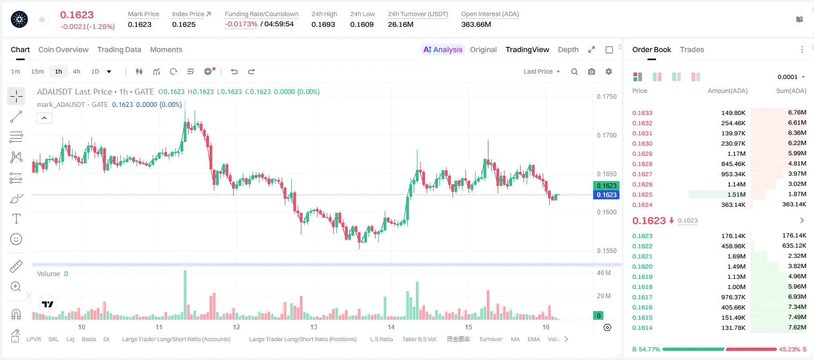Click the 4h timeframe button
click(76, 71)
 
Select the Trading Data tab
click(119, 50)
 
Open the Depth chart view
click(568, 50)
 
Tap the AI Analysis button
click(443, 50)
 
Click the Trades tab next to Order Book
click(692, 50)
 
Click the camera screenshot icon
click(592, 71)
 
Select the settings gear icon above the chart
click(609, 71)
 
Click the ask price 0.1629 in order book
click(642, 154)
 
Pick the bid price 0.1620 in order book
click(642, 267)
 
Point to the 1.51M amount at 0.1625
click(736, 195)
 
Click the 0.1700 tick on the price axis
click(607, 135)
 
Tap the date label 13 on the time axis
click(314, 327)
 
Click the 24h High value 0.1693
click(323, 24)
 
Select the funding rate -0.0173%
click(241, 24)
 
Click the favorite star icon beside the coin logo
click(42, 19)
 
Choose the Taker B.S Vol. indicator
click(419, 339)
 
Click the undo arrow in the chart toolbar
click(234, 71)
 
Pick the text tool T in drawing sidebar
click(16, 219)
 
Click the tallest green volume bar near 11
click(185, 295)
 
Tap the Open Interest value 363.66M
click(476, 24)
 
